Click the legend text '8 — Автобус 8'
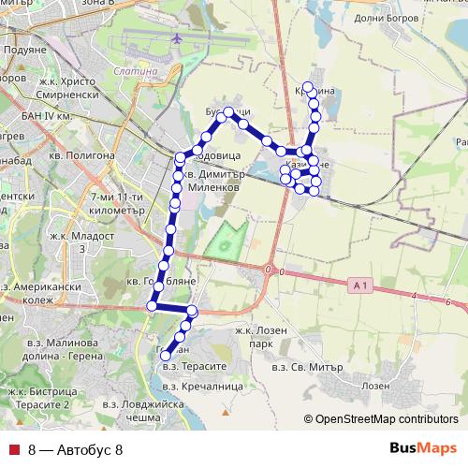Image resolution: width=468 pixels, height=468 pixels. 76,450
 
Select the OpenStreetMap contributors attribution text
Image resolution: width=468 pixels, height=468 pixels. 385,419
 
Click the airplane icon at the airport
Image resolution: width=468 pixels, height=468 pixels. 177,38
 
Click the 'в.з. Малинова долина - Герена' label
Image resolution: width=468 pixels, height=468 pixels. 56,351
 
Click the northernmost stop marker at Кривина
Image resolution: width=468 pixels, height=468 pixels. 308,86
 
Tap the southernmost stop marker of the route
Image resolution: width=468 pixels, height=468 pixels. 165,355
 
